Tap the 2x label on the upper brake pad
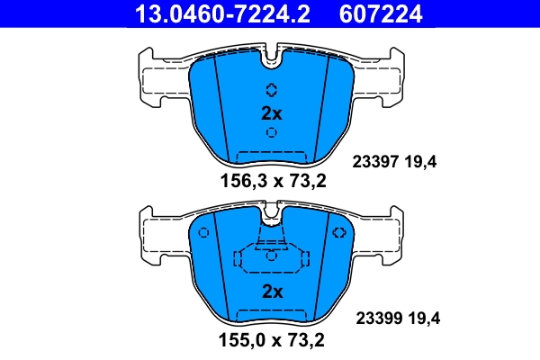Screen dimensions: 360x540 pos(271,113)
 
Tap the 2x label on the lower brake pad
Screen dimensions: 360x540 pos(271,292)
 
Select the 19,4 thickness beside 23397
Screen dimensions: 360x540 pos(423,163)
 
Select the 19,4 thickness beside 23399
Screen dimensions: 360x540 pos(423,318)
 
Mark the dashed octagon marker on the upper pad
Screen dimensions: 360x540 pos(271,90)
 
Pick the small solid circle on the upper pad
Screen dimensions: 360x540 pos(271,133)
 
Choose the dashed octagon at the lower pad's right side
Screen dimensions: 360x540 pos(338,233)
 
